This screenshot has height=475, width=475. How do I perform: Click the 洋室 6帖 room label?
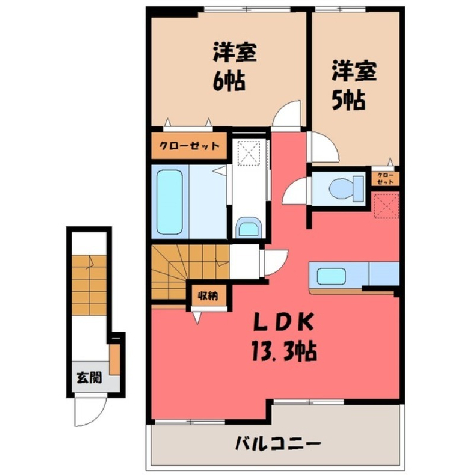click(235, 66)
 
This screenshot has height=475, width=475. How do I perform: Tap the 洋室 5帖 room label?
click(354, 85)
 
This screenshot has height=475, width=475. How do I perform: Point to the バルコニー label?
click(277, 443)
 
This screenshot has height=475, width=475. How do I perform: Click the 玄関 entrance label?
click(89, 377)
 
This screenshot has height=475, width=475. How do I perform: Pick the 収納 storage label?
click(208, 296)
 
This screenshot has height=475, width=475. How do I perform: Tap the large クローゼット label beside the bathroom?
click(189, 145)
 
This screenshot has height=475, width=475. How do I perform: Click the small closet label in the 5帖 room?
click(385, 178)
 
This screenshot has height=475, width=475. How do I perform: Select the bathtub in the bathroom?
click(170, 202)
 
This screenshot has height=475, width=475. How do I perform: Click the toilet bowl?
click(345, 189)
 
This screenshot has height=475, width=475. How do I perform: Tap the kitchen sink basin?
click(332, 276)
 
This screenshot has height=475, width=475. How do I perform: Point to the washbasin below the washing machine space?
click(249, 227)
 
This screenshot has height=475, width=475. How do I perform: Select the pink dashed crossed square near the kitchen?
click(386, 206)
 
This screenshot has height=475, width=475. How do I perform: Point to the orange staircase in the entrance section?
click(89, 285)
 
